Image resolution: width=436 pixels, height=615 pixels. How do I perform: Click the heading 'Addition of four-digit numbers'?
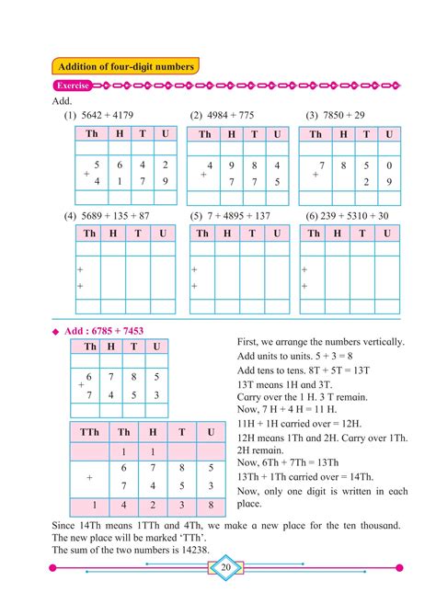pyautogui.click(x=126, y=67)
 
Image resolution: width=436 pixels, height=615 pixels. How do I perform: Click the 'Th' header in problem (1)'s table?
pyautogui.click(x=90, y=134)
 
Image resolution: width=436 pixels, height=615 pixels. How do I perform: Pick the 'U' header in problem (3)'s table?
pyautogui.click(x=389, y=134)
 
